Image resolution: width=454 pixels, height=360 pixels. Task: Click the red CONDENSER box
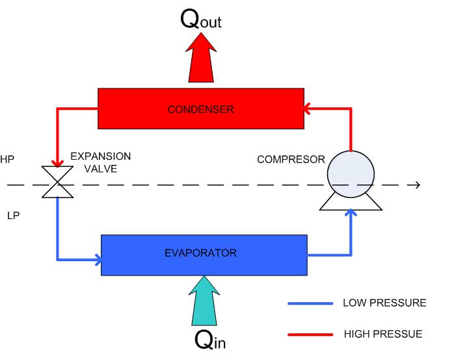[x=200, y=109]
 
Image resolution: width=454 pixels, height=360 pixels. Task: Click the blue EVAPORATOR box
[x=204, y=251]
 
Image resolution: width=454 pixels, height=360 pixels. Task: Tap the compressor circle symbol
[x=351, y=173]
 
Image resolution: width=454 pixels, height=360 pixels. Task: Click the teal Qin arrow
[x=207, y=300]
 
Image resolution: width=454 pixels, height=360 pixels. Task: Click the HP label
[x=7, y=159]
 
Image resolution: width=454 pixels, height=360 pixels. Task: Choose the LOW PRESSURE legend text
[x=384, y=303]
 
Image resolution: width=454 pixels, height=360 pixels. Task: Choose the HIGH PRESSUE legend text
[x=382, y=334]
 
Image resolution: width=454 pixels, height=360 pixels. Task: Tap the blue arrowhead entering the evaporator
[x=98, y=261]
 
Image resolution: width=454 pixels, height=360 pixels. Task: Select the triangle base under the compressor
[x=351, y=201]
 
